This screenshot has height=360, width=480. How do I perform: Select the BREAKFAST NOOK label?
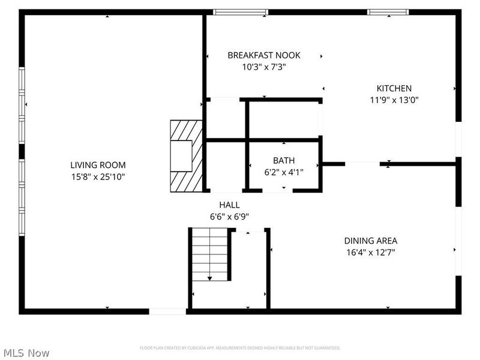pyautogui.click(x=263, y=55)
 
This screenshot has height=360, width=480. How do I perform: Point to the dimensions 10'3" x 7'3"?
pyautogui.click(x=263, y=67)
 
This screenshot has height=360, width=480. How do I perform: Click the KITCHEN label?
pyautogui.click(x=394, y=88)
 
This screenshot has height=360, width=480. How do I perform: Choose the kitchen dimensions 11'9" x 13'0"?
pyautogui.click(x=394, y=100)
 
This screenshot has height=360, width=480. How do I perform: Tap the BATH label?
pyautogui.click(x=284, y=160)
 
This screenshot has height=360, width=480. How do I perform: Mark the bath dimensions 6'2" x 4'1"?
pyautogui.click(x=284, y=172)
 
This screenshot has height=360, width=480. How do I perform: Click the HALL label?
pyautogui.click(x=229, y=205)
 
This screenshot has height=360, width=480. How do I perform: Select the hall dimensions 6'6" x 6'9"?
pyautogui.click(x=229, y=217)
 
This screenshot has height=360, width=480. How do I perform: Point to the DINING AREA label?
pyautogui.click(x=370, y=241)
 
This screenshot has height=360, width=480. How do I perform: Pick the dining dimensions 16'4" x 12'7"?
pyautogui.click(x=370, y=253)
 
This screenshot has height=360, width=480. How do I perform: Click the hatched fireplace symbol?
pyautogui.click(x=185, y=155)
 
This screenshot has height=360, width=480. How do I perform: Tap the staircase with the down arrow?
pyautogui.click(x=209, y=254)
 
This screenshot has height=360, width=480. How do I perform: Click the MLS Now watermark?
pyautogui.click(x=26, y=353)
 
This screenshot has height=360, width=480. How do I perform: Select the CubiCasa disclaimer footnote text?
pyautogui.click(x=240, y=348)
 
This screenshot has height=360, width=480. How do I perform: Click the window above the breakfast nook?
pyautogui.click(x=241, y=12)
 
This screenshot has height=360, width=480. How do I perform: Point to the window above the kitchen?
pyautogui.click(x=388, y=12)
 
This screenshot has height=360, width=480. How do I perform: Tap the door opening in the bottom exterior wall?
pyautogui.click(x=167, y=311)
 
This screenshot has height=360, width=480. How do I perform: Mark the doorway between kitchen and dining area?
pyautogui.click(x=362, y=163)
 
